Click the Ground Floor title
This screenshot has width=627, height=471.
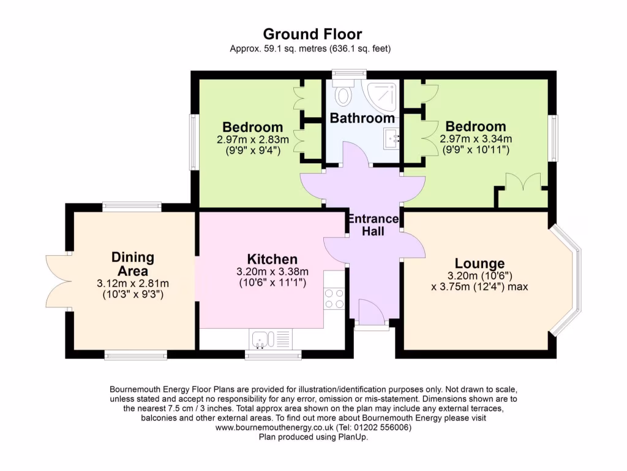coord(313,34)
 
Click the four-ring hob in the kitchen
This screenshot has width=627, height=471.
coord(334,299)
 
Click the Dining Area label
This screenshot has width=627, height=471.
coord(132,264)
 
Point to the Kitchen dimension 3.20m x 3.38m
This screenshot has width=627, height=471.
coord(273,272)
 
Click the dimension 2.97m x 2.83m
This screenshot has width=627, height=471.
coord(252,140)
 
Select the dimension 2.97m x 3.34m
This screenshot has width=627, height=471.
coord(476,139)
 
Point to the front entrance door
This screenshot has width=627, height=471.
coord(371,314)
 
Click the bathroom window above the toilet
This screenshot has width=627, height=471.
coord(349,75)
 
